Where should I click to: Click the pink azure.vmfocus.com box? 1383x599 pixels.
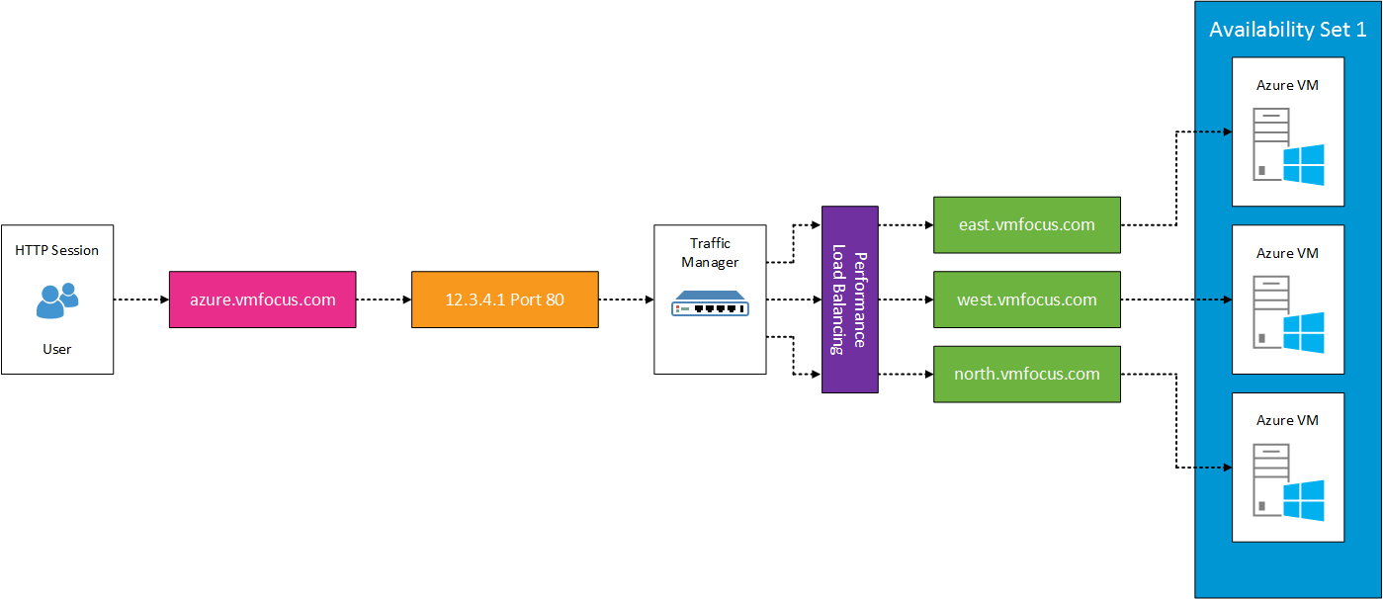click(262, 299)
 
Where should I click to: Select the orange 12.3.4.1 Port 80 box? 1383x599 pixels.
click(504, 299)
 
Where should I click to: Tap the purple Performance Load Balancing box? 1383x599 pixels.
click(849, 299)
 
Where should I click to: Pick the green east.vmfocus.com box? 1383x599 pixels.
click(1026, 224)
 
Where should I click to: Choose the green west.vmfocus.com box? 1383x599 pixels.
click(1026, 299)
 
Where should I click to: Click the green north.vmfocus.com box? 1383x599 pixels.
click(1026, 374)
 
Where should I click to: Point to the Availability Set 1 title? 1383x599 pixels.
click(1287, 30)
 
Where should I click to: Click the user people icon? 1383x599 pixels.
click(57, 299)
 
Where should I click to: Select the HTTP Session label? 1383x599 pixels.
click(57, 250)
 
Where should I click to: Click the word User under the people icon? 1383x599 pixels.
click(57, 349)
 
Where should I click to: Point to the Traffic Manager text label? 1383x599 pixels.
click(710, 252)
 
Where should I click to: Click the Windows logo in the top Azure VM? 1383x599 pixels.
click(1303, 164)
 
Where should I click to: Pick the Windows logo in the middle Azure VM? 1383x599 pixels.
click(1303, 333)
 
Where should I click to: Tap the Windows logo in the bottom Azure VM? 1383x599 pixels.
click(1303, 500)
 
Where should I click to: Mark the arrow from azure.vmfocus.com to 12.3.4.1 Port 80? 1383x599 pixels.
click(383, 299)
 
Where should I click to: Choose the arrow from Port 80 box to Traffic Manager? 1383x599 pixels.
click(626, 299)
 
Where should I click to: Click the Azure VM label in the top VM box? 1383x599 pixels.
click(1287, 85)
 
